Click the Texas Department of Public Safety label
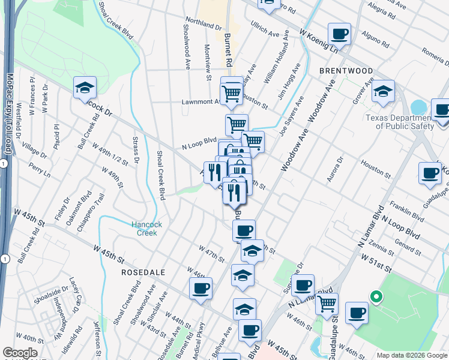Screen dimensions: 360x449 coord(400,122)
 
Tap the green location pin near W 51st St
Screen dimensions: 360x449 coord(376,296)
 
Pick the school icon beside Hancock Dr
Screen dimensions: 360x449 coord(85,88)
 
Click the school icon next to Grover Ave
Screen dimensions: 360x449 coord(382,92)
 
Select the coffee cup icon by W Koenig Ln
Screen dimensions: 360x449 coord(339,34)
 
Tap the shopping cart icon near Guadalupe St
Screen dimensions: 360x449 coord(327,304)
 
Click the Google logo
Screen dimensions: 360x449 coord(20,353)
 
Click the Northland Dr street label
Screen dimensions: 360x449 coord(203,23)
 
